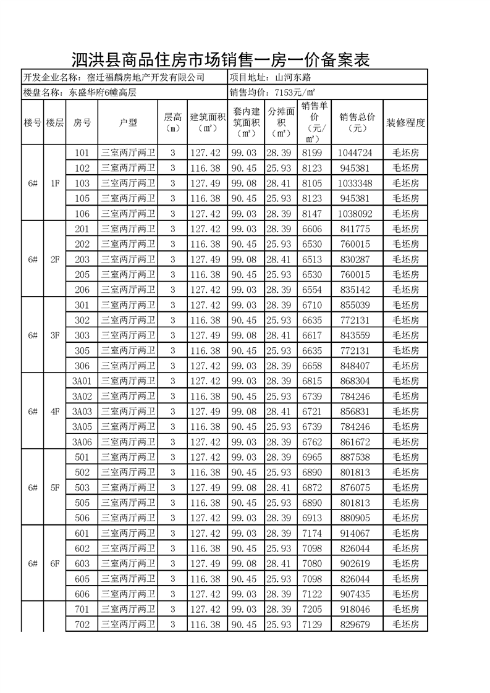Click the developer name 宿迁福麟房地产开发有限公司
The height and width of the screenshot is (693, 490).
coord(146,78)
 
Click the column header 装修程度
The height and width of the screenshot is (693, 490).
coord(405,122)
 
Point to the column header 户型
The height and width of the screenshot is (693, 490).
coord(128,122)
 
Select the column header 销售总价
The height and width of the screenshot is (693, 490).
coord(357,122)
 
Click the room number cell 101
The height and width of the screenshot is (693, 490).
coord(82,153)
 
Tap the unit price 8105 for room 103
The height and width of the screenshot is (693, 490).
coord(312,183)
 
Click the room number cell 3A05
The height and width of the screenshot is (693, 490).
coord(82,426)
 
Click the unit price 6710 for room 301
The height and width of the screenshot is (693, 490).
coord(312,305)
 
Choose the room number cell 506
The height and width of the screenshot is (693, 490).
coord(82,518)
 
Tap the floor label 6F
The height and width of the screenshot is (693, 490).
coord(54,563)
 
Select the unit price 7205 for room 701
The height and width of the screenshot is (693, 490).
coord(312,609)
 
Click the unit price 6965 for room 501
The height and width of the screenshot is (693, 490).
coord(312,457)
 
